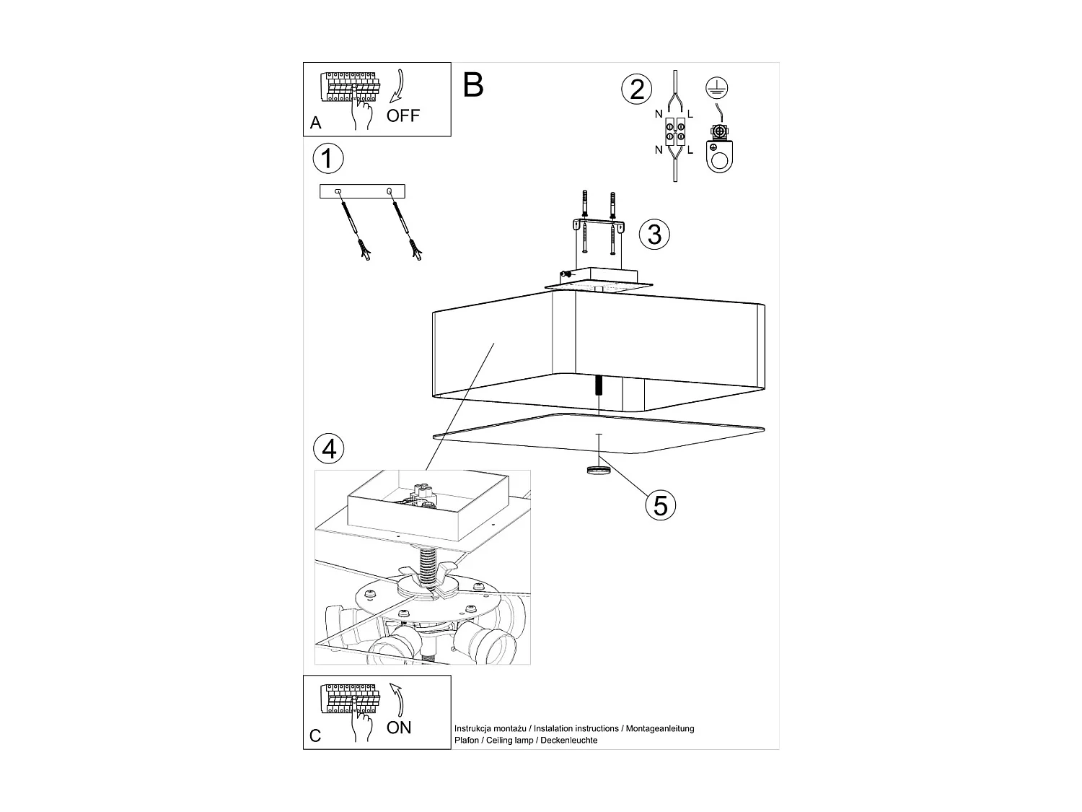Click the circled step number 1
pyautogui.click(x=328, y=158)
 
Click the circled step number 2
pyautogui.click(x=636, y=90)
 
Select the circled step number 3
pyautogui.click(x=654, y=234)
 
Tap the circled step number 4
pyautogui.click(x=329, y=449)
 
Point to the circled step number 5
pyautogui.click(x=660, y=505)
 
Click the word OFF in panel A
pyautogui.click(x=403, y=115)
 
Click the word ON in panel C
pyautogui.click(x=399, y=728)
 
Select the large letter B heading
pyautogui.click(x=473, y=85)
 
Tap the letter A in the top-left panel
pyautogui.click(x=315, y=123)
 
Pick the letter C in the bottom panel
pyautogui.click(x=315, y=736)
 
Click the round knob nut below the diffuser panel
pyautogui.click(x=597, y=471)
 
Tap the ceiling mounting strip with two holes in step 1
pyautogui.click(x=362, y=191)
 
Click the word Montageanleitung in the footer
pyautogui.click(x=659, y=729)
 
